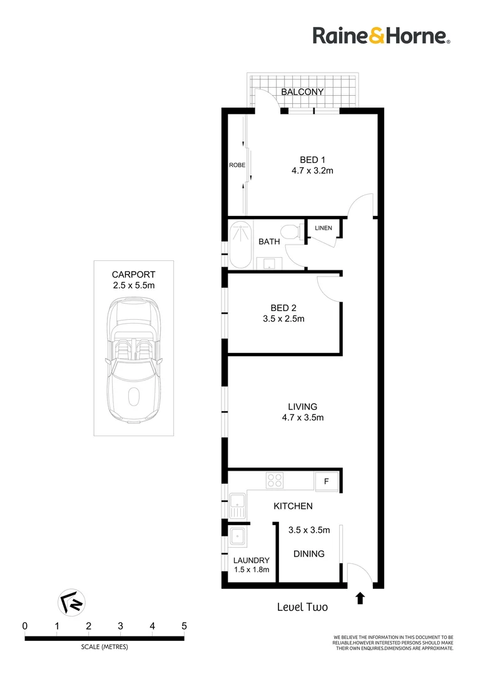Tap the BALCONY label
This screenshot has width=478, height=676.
click(x=302, y=92)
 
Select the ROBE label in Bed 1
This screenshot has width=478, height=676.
click(x=237, y=165)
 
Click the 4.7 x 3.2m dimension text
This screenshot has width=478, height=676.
click(x=311, y=171)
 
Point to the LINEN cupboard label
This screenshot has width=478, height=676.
click(x=323, y=228)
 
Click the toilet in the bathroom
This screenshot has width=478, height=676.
click(x=290, y=232)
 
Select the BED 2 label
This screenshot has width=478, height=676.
click(x=283, y=308)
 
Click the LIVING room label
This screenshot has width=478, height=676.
click(x=302, y=406)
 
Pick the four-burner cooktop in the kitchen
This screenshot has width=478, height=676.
click(x=275, y=480)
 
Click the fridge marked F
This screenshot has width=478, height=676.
click(x=326, y=481)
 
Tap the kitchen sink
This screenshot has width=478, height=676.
click(x=237, y=504)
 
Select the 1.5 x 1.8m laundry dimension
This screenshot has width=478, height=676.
click(x=251, y=570)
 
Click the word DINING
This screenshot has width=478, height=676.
click(x=309, y=554)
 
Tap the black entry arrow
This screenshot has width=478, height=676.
click(x=360, y=598)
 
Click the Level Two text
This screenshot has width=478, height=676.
click(x=302, y=607)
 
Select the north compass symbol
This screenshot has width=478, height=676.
click(x=71, y=602)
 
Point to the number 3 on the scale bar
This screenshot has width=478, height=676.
click(x=120, y=626)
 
